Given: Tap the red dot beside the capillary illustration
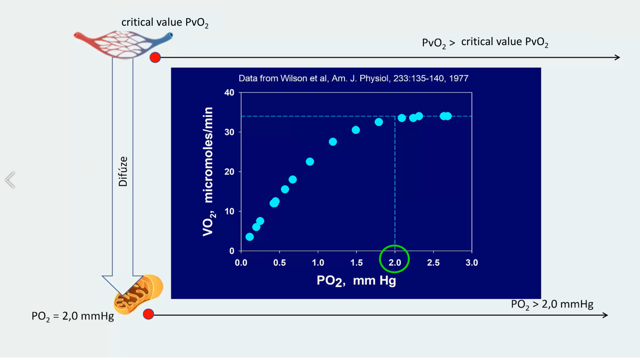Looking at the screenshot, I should pyautogui.click(x=155, y=58).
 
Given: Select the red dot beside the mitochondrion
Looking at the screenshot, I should pyautogui.click(x=148, y=314).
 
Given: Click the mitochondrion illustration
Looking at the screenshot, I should pyautogui.click(x=139, y=294).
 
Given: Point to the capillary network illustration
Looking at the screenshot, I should pyautogui.click(x=123, y=43).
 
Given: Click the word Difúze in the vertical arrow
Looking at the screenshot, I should pyautogui.click(x=123, y=171).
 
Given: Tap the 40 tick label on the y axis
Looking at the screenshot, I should pyautogui.click(x=229, y=92).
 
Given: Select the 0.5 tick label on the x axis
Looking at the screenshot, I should pyautogui.click(x=279, y=263).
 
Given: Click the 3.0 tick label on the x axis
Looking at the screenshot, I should pyautogui.click(x=472, y=263).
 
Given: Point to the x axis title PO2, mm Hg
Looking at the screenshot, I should pyautogui.click(x=356, y=280).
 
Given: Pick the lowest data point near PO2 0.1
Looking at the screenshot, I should pyautogui.click(x=250, y=237).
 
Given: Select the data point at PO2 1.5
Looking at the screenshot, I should pyautogui.click(x=356, y=130).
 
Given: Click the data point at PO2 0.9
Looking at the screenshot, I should pyautogui.click(x=310, y=162).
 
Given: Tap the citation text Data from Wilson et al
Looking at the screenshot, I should pyautogui.click(x=353, y=78).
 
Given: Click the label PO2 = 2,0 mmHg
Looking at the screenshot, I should pyautogui.click(x=73, y=316).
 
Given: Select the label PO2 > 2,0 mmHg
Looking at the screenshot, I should pyautogui.click(x=552, y=304).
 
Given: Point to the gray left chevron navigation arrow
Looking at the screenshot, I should pyautogui.click(x=10, y=180).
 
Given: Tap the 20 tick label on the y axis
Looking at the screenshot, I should pyautogui.click(x=229, y=172).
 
